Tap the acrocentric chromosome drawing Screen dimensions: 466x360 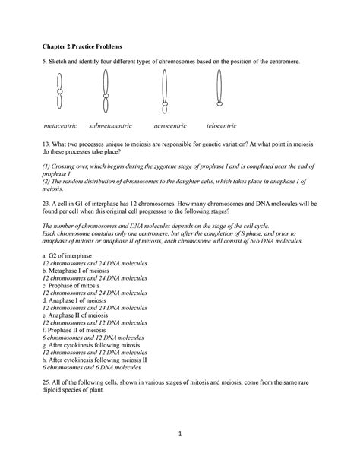coord(163,93)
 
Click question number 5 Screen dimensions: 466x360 coord(45,59)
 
